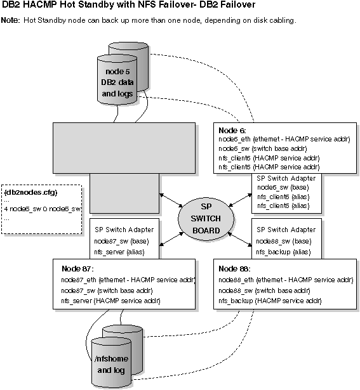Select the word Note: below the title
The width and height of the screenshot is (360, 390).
click(x=11, y=20)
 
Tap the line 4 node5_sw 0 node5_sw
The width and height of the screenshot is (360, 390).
click(x=43, y=209)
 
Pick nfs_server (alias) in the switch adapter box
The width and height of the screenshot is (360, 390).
click(x=119, y=252)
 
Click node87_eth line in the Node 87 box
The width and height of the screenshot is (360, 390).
click(x=128, y=279)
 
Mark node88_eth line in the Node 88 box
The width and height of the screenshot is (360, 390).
click(x=285, y=279)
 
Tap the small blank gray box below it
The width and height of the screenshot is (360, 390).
click(x=124, y=193)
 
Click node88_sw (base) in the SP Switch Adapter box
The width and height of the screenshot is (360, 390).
click(x=283, y=241)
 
